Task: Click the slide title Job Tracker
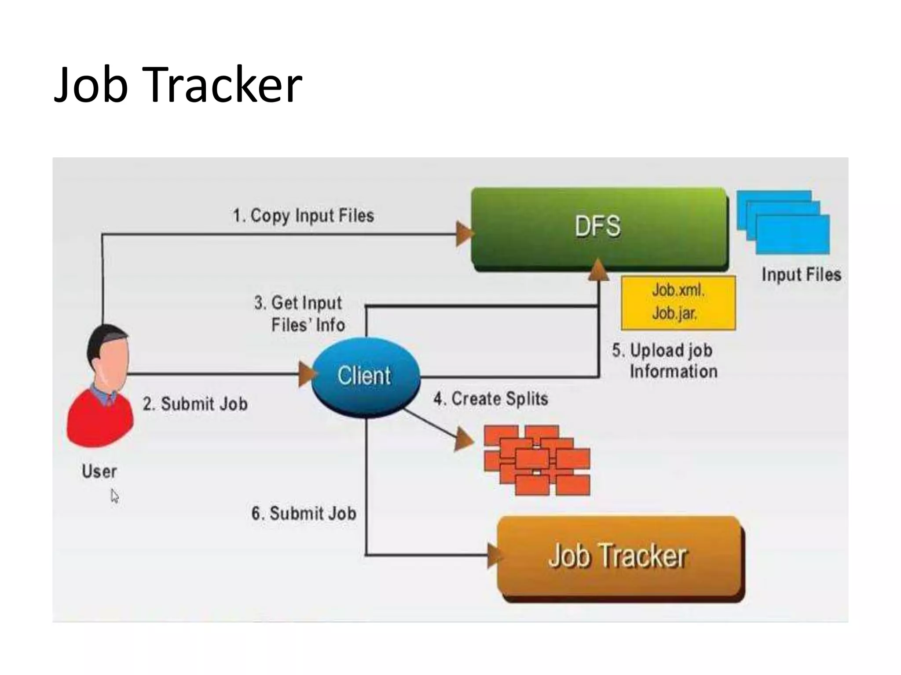(178, 84)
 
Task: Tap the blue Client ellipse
(365, 377)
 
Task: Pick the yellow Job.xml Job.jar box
(678, 302)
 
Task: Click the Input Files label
(801, 275)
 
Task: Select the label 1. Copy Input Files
(303, 216)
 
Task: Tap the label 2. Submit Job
(195, 404)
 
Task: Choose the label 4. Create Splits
(491, 399)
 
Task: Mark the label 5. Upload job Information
(664, 361)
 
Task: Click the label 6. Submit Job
(304, 513)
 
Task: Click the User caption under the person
(99, 472)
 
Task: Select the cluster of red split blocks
(537, 460)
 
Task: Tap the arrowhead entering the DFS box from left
(464, 234)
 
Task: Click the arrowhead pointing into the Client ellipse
(307, 374)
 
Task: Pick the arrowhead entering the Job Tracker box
(495, 555)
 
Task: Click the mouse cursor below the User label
(114, 496)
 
